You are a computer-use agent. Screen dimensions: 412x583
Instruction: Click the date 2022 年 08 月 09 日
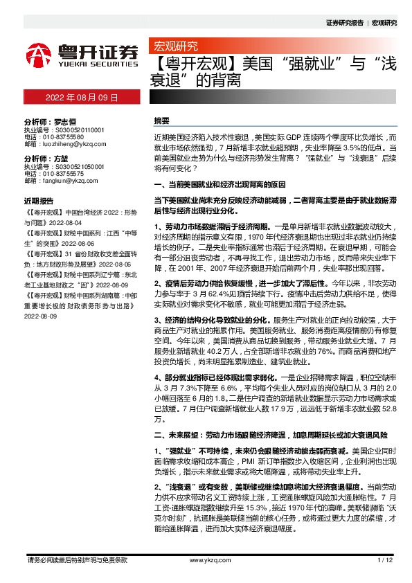point(82,98)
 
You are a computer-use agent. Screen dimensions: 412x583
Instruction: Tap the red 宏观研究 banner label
point(174,46)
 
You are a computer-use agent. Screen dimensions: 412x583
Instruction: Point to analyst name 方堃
point(62,158)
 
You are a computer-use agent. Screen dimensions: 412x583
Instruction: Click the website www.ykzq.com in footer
point(205,559)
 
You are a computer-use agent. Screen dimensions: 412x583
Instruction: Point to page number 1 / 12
point(384,559)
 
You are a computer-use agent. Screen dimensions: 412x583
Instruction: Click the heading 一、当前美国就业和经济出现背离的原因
point(220,186)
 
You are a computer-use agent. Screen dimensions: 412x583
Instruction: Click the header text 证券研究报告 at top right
point(344,22)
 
